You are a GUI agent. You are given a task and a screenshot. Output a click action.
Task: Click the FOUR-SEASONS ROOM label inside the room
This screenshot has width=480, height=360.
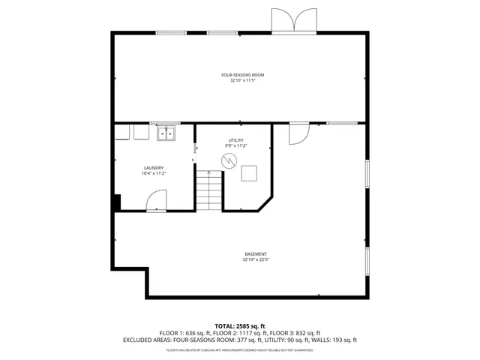242,75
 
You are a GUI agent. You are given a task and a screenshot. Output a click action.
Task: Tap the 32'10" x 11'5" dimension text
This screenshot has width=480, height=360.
242,81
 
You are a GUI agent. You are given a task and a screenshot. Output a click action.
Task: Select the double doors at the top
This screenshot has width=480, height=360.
294,21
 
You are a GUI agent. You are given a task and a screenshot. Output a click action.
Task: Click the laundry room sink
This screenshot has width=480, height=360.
166,133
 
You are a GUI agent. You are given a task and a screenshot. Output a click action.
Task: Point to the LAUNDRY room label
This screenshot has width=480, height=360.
154,168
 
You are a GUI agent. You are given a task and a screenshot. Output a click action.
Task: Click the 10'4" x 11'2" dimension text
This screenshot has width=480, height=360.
154,174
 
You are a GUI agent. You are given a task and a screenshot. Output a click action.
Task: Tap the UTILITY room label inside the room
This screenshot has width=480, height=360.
236,140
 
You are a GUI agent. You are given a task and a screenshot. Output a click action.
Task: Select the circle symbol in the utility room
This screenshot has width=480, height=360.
229,160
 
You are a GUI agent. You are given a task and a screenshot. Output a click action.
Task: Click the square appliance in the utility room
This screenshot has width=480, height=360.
249,173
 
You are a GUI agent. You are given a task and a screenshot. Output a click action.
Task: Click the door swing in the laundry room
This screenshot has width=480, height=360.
156,200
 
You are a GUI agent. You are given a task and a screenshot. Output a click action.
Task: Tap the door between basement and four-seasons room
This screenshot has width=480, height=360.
298,132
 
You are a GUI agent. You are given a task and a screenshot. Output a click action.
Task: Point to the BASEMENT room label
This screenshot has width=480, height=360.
256,253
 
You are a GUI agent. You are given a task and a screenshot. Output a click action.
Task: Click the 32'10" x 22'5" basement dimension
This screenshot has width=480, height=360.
256,260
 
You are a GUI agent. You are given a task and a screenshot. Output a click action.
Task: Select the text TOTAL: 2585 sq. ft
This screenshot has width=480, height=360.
239,325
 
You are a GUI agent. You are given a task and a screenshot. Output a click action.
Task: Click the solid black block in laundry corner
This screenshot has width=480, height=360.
116,203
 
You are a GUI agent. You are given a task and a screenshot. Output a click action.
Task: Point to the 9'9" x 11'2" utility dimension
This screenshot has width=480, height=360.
236,146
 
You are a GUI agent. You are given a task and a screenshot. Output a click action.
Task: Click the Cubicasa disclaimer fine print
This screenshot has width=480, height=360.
239,349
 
